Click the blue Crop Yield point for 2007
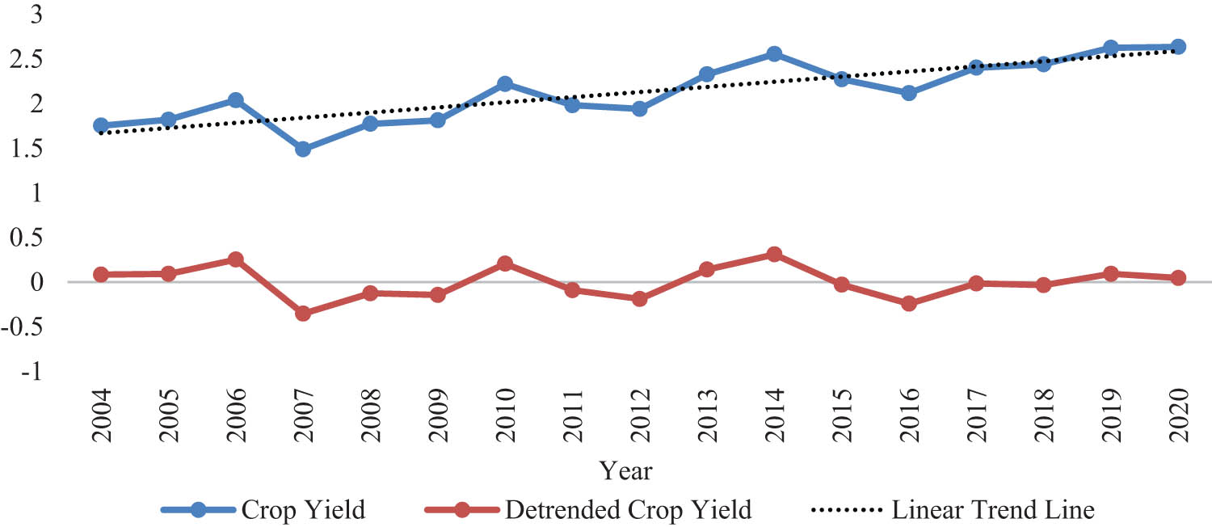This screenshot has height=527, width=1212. (x=303, y=150)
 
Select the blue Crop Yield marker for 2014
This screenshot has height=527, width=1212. (x=774, y=54)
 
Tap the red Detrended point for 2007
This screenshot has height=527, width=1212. (x=303, y=314)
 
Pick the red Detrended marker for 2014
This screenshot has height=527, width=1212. (x=774, y=255)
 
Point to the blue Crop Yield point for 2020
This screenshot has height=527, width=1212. (x=1178, y=47)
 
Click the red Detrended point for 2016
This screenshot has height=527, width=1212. (x=909, y=304)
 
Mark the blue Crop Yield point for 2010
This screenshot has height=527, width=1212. (x=505, y=84)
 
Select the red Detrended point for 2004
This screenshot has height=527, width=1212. (x=101, y=275)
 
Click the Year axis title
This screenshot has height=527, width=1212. (x=626, y=470)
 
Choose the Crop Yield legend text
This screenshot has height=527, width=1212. (x=304, y=510)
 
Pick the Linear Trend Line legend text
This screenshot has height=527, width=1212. (x=993, y=510)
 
